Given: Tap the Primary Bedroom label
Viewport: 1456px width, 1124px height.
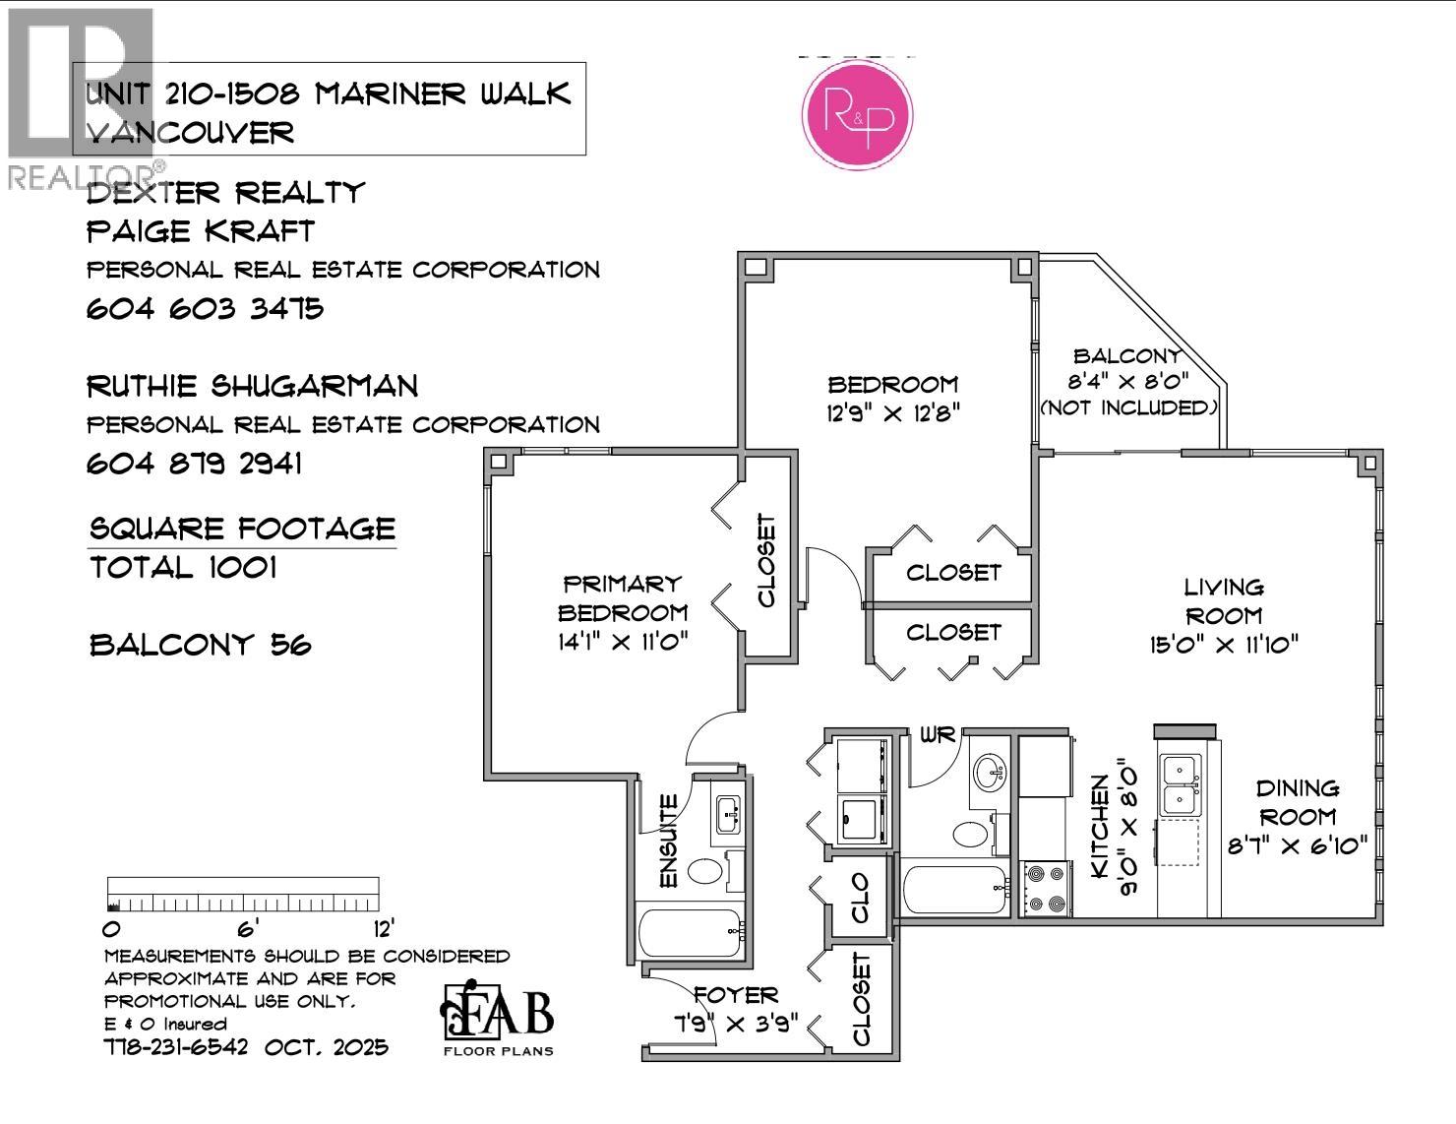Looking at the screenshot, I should [x=622, y=598].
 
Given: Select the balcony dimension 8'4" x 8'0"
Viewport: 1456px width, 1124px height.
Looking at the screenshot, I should [x=1128, y=382].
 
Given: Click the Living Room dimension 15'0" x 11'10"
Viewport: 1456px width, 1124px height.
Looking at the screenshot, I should [x=1224, y=645].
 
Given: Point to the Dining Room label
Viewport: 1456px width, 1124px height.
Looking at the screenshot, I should [x=1298, y=802].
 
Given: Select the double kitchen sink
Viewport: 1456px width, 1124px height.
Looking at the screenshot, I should [x=1179, y=784].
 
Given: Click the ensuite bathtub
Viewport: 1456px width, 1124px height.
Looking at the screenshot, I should [x=690, y=932].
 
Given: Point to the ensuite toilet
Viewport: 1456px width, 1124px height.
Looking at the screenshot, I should [x=704, y=870].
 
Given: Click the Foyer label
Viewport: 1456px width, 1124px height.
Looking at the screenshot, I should [x=735, y=995].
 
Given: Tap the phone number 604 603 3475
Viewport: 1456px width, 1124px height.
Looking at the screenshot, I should [x=205, y=309].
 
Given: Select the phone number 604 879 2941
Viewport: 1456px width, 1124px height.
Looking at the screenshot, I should [x=194, y=464].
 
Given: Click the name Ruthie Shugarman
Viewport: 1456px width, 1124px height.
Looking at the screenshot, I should [x=252, y=386].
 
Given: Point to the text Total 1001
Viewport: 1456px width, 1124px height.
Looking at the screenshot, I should [x=183, y=568].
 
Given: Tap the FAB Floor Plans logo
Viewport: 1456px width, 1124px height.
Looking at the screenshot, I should [x=497, y=1019].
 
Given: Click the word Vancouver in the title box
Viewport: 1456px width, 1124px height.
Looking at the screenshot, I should [x=190, y=133].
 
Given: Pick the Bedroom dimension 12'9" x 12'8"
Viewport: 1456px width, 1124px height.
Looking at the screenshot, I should [x=892, y=412].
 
